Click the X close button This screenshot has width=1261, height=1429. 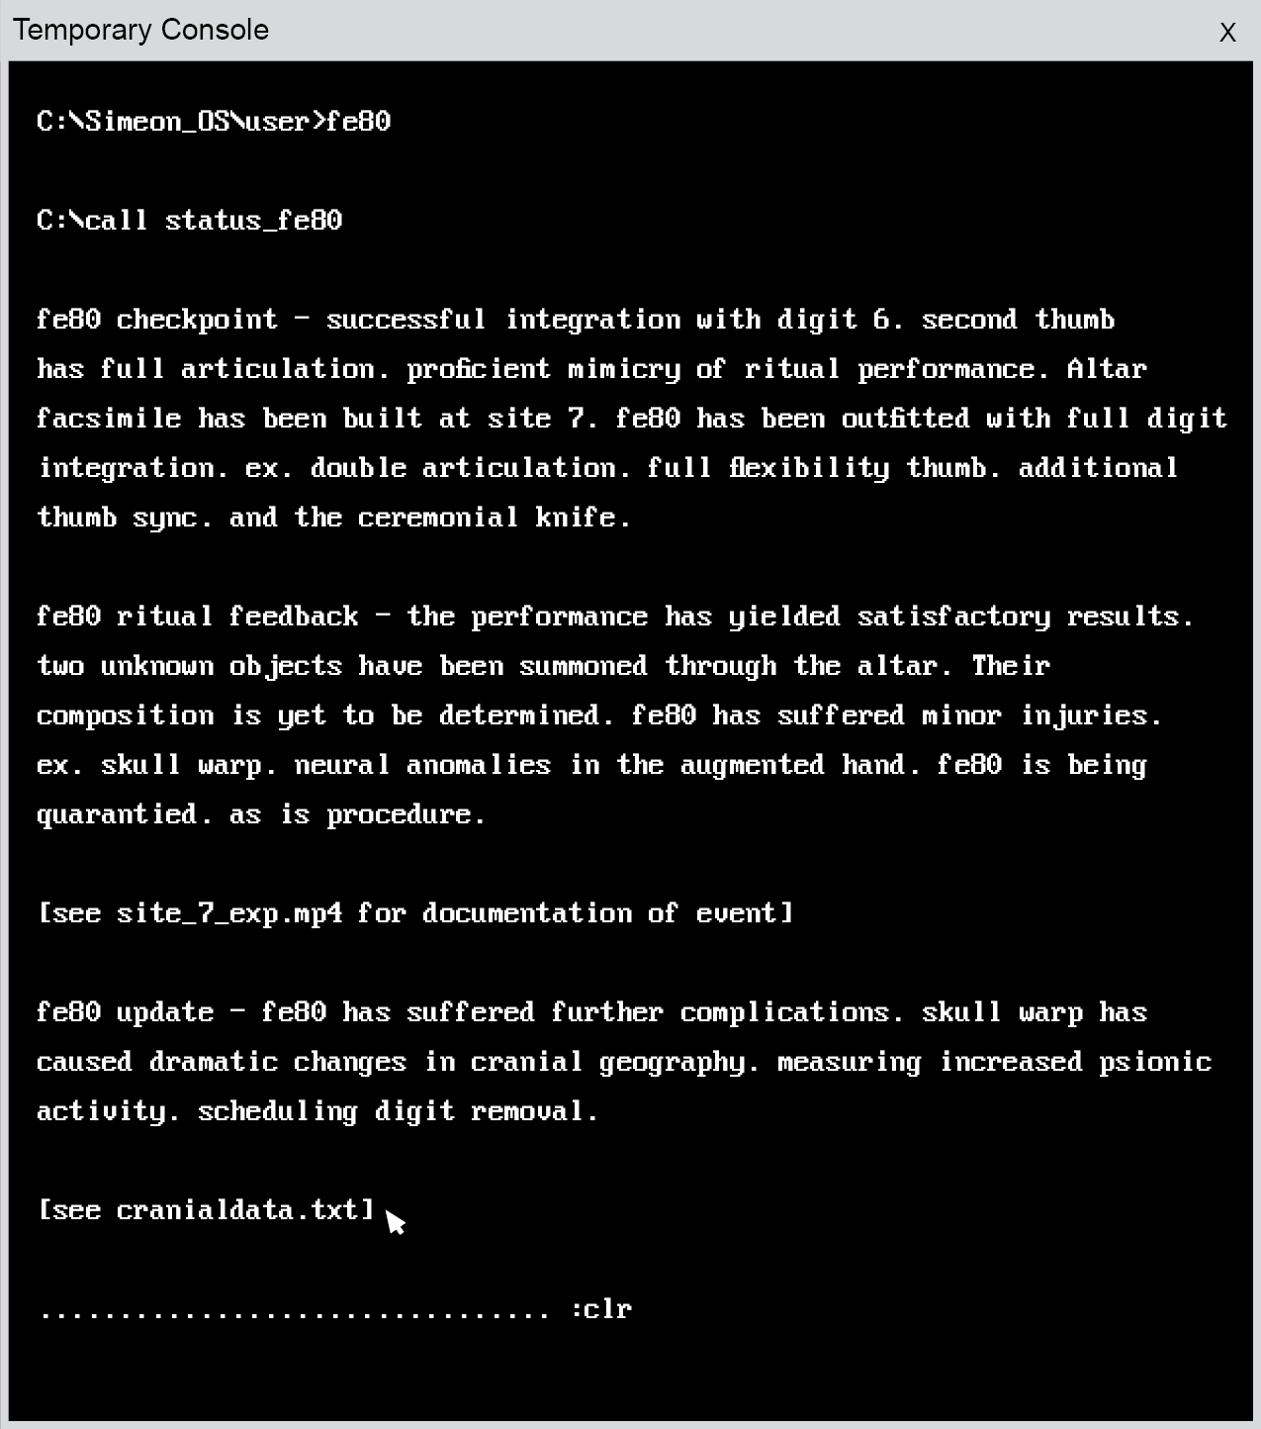point(1227,33)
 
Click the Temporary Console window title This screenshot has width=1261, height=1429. point(140,30)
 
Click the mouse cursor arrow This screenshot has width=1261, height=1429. point(395,1222)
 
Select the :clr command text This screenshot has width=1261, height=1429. point(601,1309)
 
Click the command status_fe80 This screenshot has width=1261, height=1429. point(253,221)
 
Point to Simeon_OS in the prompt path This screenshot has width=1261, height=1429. point(157,122)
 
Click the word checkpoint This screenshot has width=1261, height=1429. point(197,320)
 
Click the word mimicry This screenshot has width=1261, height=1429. point(624,369)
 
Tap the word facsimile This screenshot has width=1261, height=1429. point(109,419)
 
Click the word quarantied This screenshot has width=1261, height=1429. point(117,814)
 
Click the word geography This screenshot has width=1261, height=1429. point(673,1062)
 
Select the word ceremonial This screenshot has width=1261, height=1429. point(438,518)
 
